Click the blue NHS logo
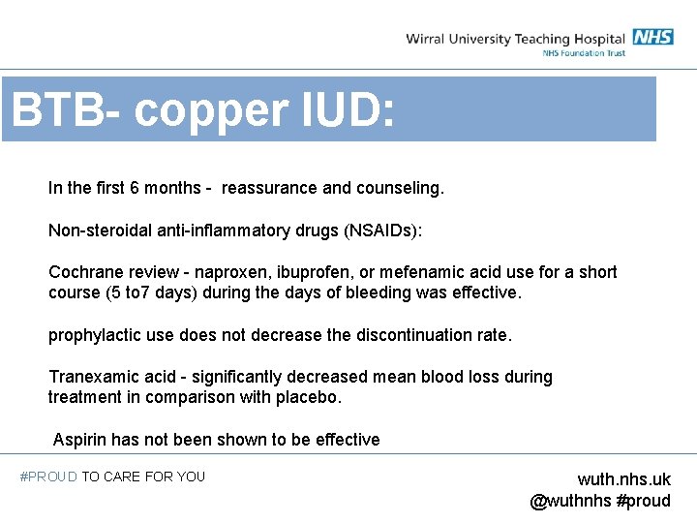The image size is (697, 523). pos(653,38)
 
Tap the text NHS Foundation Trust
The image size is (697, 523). pos(584,53)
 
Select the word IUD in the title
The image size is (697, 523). pos(347,111)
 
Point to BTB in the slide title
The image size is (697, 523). pos(56,111)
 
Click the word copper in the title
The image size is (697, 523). pos(207,111)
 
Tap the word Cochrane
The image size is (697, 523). pos(85,272)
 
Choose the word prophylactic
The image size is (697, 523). pos(95,335)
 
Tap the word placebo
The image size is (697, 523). pos(312,397)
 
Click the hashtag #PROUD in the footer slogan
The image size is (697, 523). pos(48,477)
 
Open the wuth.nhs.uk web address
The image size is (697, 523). pos(623,479)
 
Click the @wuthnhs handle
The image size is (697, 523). pos(570,501)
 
